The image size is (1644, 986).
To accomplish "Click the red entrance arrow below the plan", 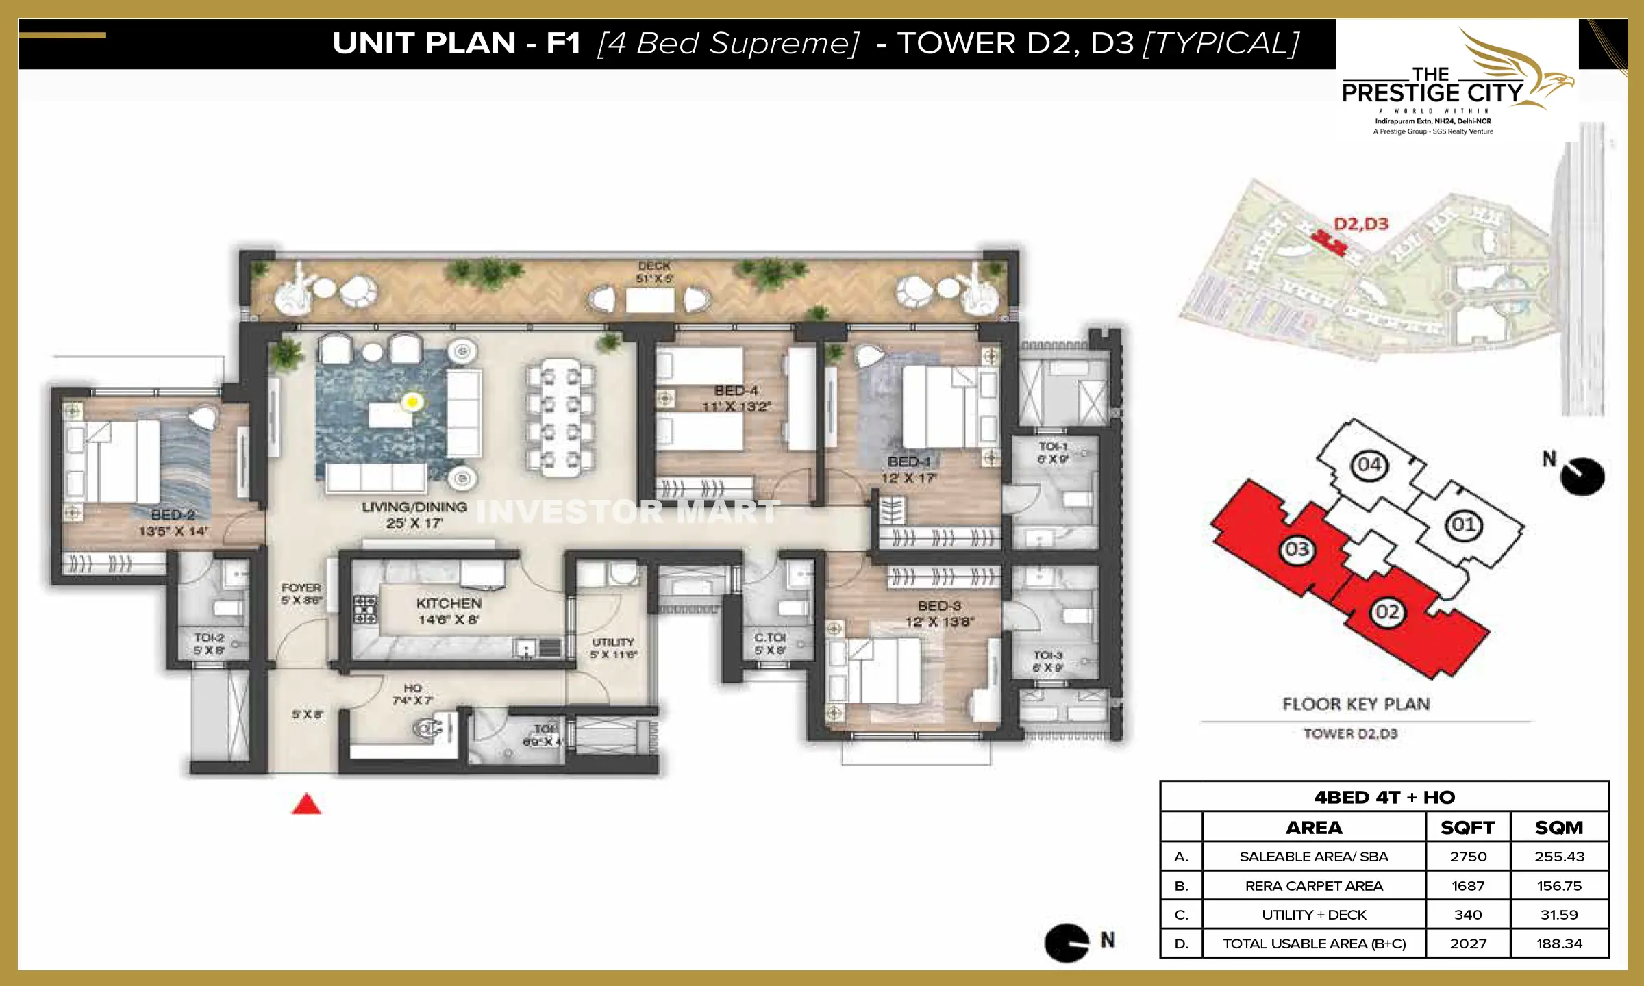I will click(x=306, y=804).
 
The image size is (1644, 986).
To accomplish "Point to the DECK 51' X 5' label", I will click(x=654, y=272).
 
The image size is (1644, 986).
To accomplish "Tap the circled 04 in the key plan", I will click(x=1369, y=465).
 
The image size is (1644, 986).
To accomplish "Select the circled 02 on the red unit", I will click(x=1387, y=611).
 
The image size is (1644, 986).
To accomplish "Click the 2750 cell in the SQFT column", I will click(x=1468, y=857).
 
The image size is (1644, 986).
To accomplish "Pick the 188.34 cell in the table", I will click(x=1559, y=944).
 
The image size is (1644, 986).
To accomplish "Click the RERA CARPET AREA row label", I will click(x=1314, y=886).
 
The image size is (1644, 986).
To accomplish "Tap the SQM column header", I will click(x=1559, y=827).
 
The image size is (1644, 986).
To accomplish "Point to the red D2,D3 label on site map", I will click(x=1361, y=224).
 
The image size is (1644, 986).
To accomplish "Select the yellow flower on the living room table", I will click(x=412, y=402).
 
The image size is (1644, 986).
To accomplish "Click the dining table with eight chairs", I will click(x=560, y=418).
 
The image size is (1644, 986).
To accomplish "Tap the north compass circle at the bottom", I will click(x=1066, y=943).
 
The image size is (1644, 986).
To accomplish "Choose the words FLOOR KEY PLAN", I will click(x=1356, y=704).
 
